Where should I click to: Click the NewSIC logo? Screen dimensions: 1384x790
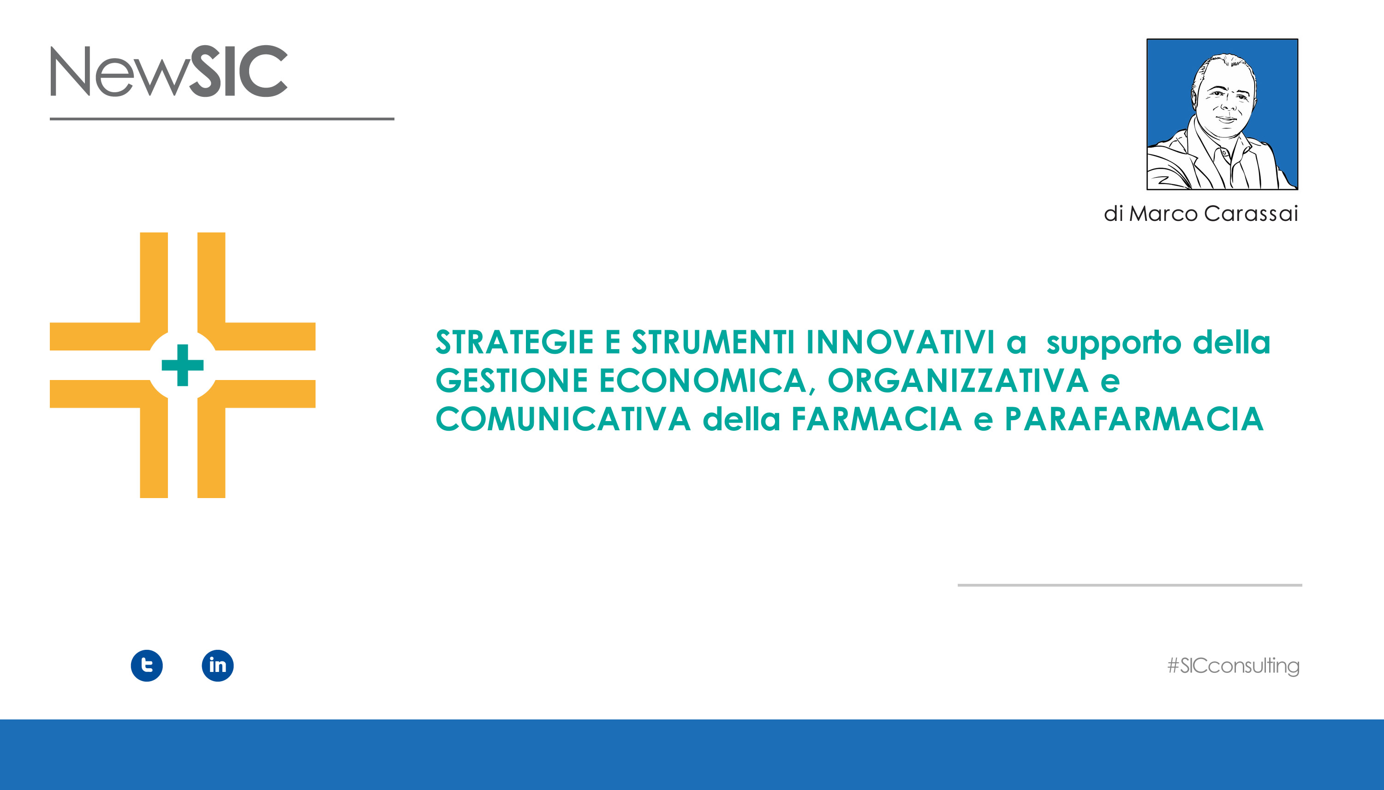pos(169,71)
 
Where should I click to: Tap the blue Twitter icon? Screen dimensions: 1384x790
pos(147,665)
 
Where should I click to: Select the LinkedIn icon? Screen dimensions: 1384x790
pos(218,665)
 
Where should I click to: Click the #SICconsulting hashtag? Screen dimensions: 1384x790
pos(1233,666)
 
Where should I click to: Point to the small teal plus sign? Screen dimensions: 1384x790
pos(182,365)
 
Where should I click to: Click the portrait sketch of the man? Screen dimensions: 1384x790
pos(1222,114)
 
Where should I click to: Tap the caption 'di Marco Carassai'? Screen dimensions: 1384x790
pos(1200,214)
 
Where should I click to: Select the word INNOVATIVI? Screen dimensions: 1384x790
pos(901,342)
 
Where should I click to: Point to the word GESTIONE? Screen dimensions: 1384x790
pos(512,380)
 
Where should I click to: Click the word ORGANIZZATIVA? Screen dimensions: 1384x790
pos(958,380)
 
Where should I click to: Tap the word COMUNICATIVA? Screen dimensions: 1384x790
pos(563,419)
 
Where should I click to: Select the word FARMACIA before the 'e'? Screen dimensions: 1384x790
pos(877,419)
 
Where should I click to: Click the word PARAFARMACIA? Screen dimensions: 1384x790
pos(1134,419)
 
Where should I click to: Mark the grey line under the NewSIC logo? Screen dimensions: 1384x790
pos(222,119)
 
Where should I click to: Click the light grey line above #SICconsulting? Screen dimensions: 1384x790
pos(1130,585)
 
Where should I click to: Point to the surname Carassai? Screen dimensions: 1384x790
pos(1251,214)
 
